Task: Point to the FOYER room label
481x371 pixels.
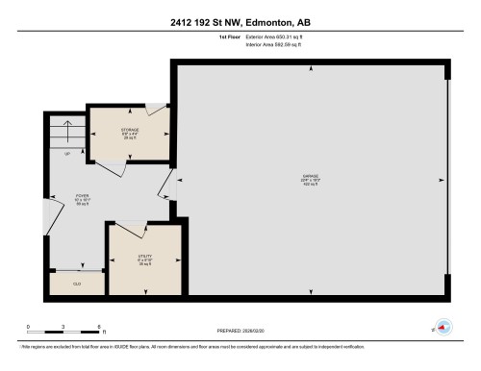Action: coord(83,198)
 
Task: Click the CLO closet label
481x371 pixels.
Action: coord(77,284)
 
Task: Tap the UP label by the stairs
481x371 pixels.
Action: coord(67,153)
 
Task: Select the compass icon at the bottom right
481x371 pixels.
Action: coord(443,327)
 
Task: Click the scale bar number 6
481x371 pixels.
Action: coord(99,328)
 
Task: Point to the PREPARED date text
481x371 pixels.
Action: coord(240,329)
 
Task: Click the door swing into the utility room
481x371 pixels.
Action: coord(120,236)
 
